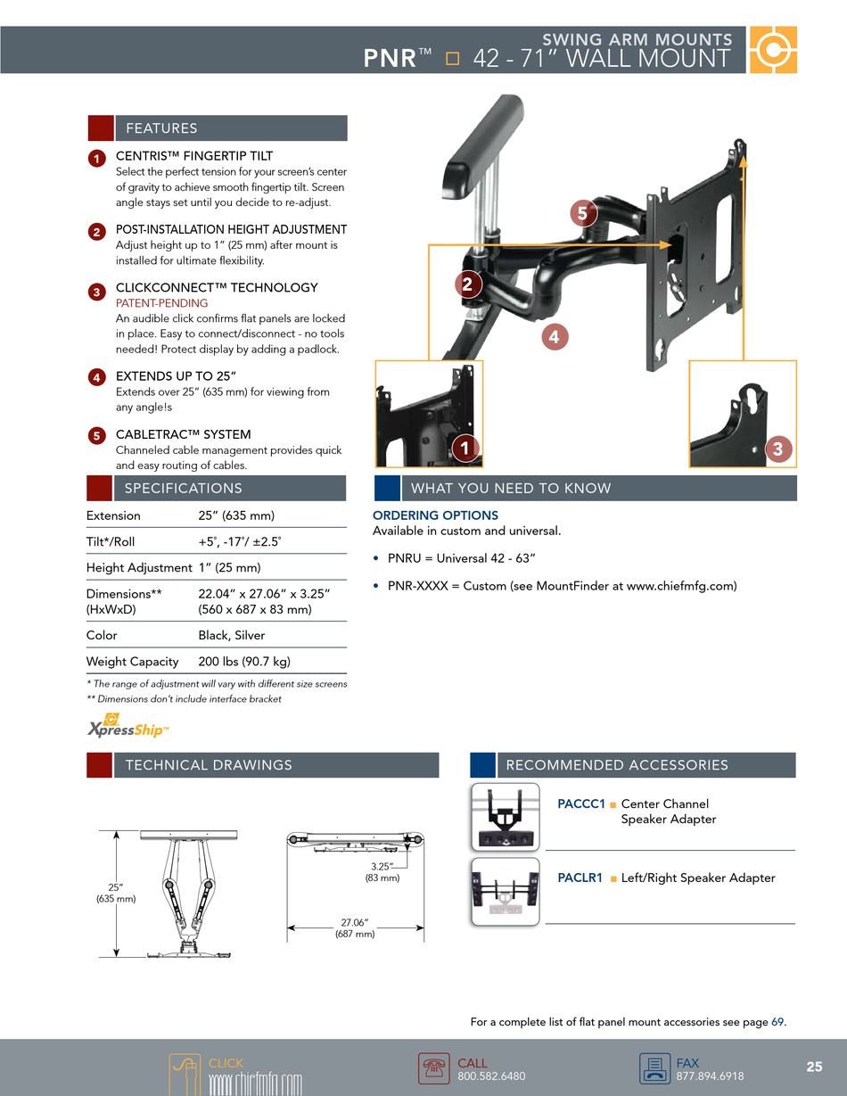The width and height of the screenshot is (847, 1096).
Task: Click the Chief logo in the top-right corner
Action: point(773,50)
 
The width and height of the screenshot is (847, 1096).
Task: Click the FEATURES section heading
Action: point(161,128)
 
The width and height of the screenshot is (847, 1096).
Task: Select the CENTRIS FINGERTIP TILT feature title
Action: point(194,156)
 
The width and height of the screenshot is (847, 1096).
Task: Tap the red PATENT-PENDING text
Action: point(162,303)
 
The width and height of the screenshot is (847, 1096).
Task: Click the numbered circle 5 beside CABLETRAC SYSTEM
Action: point(96,436)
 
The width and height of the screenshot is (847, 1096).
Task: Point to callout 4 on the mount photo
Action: point(555,337)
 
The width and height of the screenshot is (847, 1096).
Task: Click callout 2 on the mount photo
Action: point(467,284)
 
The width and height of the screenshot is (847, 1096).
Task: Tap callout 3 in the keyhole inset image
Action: point(777,449)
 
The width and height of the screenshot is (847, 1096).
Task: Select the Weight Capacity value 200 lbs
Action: point(243,662)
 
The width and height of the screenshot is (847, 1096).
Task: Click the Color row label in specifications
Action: point(102,636)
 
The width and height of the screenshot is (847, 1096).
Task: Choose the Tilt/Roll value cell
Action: point(239,541)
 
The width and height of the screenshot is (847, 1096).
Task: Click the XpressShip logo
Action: point(127,727)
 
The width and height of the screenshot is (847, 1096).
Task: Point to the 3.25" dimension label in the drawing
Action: point(382,872)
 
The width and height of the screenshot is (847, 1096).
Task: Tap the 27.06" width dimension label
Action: point(355,928)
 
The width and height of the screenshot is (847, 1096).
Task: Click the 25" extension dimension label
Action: point(116,893)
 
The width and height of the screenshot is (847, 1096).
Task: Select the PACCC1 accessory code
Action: point(581,804)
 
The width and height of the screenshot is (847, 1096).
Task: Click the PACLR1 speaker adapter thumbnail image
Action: point(506,892)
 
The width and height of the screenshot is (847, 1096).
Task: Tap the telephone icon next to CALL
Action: point(433,1068)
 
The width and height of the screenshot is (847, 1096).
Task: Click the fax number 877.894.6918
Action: point(710,1076)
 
